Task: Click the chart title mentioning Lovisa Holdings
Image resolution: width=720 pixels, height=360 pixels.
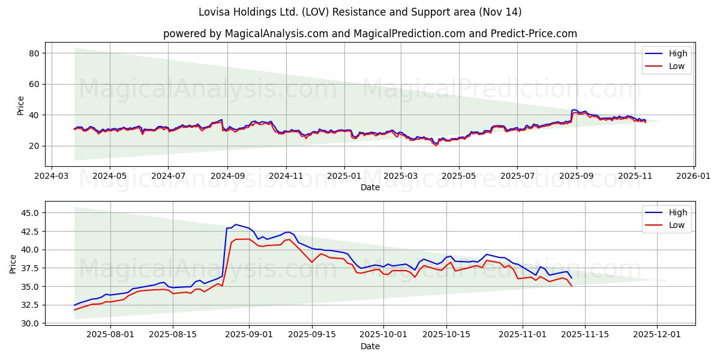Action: point(360,12)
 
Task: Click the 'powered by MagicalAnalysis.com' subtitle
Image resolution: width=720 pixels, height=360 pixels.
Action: point(370,34)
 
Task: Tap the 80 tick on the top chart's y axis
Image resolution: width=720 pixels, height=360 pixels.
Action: point(34,53)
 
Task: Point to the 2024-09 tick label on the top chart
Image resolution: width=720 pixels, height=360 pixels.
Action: point(227,177)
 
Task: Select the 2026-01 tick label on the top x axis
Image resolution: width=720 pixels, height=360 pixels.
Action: point(694,177)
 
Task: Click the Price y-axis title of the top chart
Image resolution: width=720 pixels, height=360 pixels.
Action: point(21,106)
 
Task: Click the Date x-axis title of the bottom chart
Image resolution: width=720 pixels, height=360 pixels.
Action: point(370,347)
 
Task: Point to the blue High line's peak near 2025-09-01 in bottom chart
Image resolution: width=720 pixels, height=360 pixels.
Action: point(235,224)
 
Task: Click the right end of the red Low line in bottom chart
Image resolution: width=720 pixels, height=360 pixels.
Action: point(572,286)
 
